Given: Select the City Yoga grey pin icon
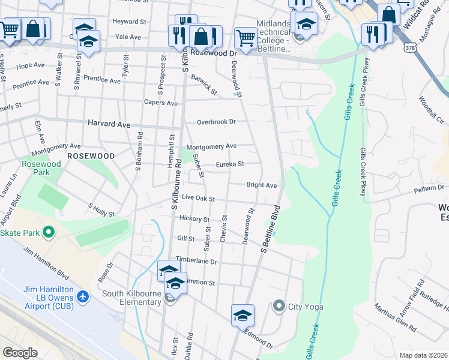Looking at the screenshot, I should (x=279, y=307).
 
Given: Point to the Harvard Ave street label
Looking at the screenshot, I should (x=109, y=124).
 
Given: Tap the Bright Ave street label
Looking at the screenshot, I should (x=261, y=185).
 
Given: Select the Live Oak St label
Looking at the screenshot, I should (x=197, y=197).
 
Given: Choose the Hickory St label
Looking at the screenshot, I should (x=193, y=220).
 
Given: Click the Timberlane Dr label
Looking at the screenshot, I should (x=196, y=261).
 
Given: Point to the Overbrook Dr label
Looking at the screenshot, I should (x=217, y=122).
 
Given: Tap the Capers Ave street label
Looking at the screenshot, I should (x=160, y=103).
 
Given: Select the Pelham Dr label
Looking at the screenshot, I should (x=429, y=188).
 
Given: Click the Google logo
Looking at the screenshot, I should (x=20, y=353).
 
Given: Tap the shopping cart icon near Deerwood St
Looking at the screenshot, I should (x=245, y=38).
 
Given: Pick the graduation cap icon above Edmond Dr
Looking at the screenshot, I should (x=243, y=314).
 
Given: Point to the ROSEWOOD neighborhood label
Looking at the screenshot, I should (x=91, y=155).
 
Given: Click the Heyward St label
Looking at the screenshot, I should (x=129, y=21).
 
